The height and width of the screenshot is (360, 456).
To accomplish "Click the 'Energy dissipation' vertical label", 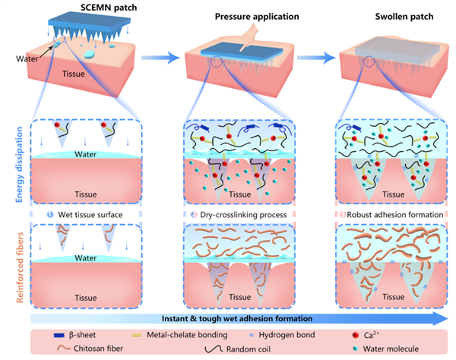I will (x=15, y=158).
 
